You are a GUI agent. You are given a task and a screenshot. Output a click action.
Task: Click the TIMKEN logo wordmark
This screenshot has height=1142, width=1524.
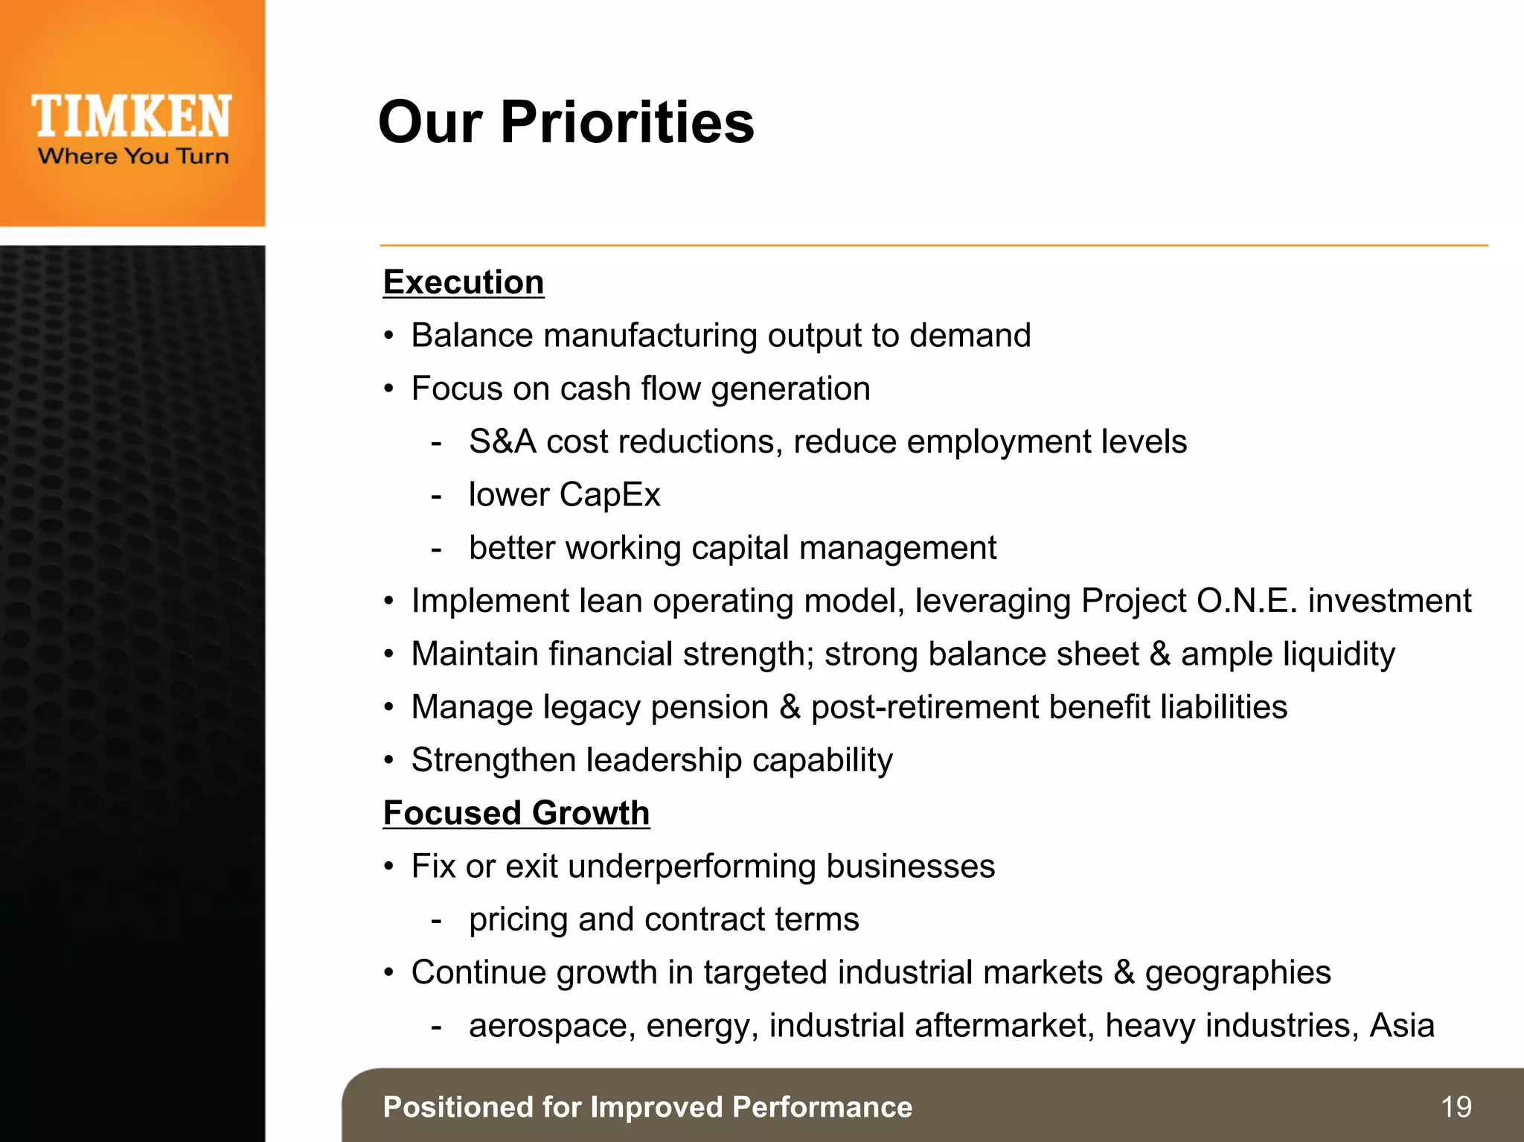(132, 117)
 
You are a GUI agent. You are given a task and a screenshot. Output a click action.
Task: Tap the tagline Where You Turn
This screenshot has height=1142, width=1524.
(133, 156)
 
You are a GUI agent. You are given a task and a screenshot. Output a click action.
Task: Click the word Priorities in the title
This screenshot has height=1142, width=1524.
(627, 122)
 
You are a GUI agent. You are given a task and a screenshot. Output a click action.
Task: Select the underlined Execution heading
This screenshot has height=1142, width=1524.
(464, 282)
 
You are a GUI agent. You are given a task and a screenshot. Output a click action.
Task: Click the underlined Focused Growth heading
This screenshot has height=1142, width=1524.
(516, 813)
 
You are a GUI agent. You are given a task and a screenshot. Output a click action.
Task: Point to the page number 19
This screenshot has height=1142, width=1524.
(1456, 1107)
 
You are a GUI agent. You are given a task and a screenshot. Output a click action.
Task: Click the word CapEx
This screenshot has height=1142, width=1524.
(609, 495)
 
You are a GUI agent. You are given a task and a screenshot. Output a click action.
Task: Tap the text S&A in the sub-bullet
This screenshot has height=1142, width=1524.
(502, 441)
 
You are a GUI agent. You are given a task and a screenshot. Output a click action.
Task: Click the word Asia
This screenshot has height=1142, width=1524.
(1402, 1025)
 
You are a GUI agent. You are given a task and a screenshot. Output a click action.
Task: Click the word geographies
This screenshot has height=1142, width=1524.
(1238, 973)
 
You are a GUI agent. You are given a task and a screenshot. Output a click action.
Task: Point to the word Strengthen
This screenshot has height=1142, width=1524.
(493, 760)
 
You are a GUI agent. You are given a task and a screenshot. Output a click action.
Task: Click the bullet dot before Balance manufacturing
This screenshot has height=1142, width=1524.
(388, 336)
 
